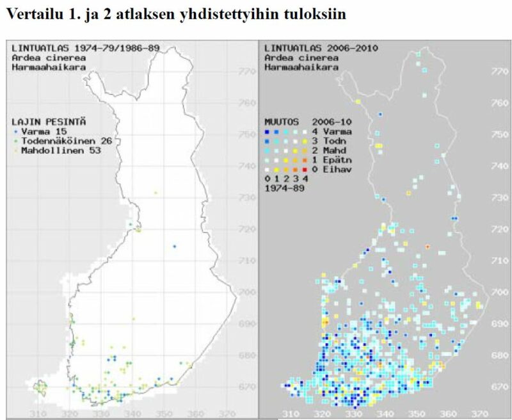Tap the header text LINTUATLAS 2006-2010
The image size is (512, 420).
pyautogui.click(x=321, y=48)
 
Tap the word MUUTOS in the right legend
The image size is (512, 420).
pyautogui.click(x=281, y=121)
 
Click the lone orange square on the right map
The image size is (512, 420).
pyautogui.click(x=427, y=246)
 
